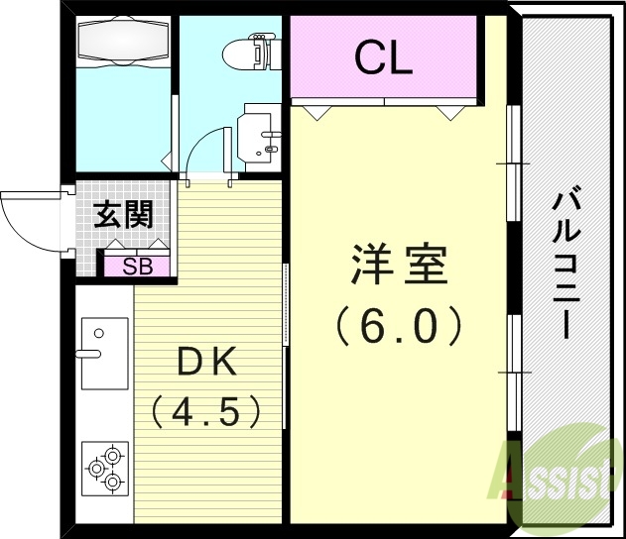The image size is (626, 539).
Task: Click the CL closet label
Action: [384, 60]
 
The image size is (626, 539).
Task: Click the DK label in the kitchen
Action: [206, 363]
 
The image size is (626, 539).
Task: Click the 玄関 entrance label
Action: [123, 215]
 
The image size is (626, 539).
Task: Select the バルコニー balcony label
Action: [566, 263]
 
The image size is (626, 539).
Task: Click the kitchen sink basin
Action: [104, 353]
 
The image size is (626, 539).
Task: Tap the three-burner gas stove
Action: [105, 468]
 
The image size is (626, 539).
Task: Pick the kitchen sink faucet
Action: [87, 352]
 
